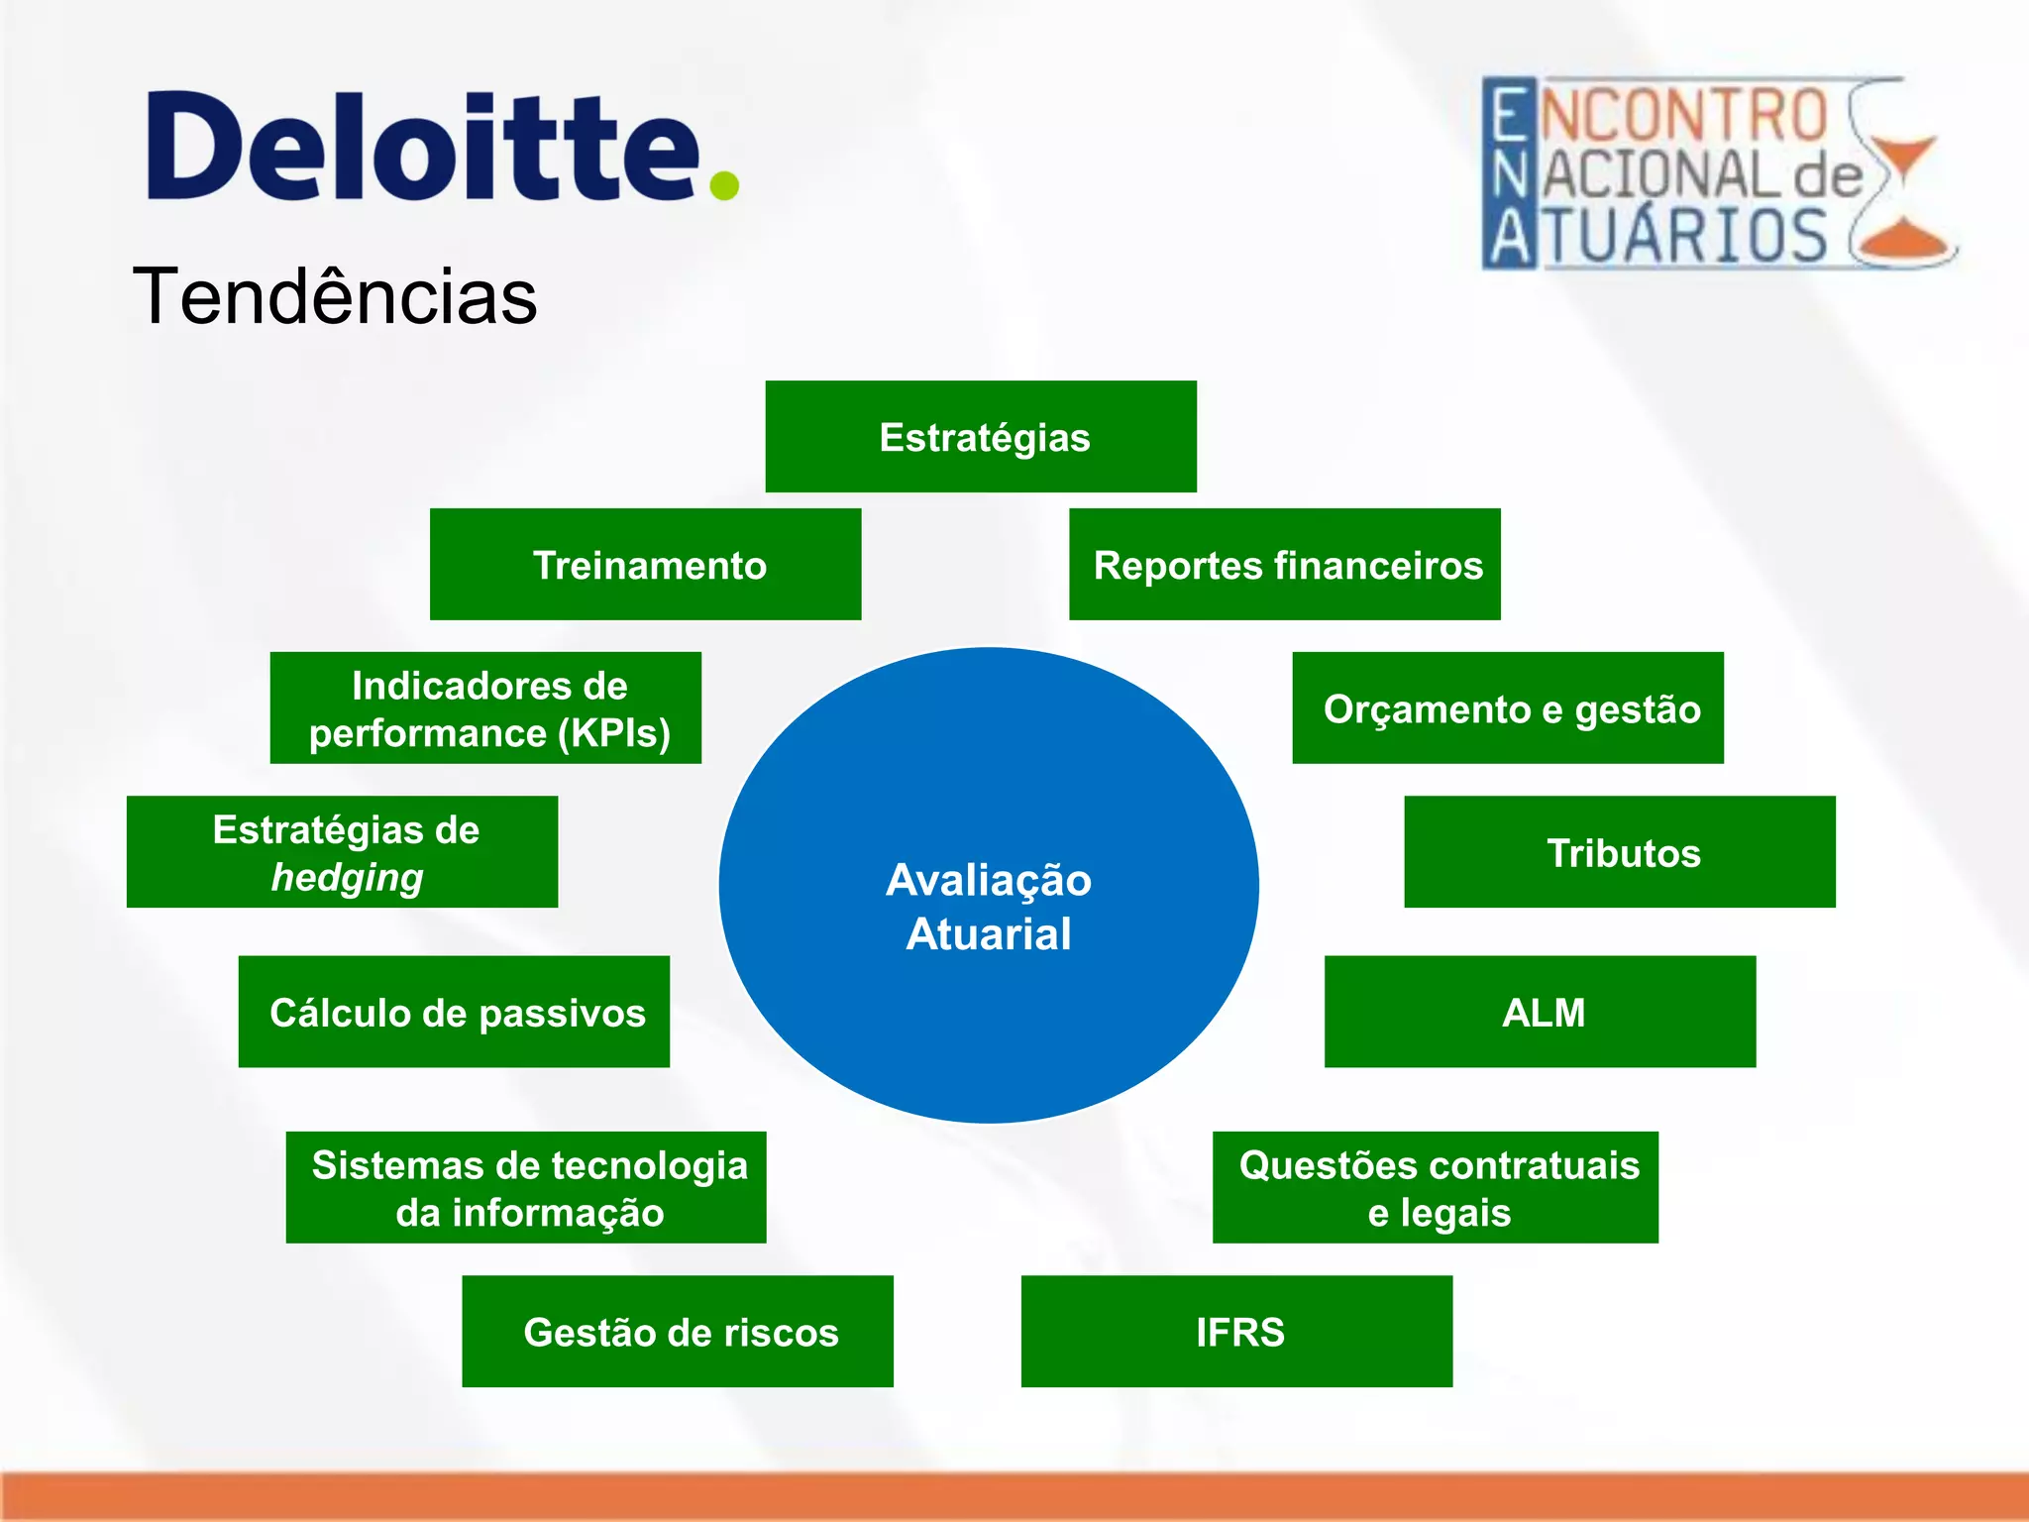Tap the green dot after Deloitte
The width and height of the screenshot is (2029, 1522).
coord(724,185)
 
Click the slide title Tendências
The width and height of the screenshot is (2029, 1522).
coord(335,296)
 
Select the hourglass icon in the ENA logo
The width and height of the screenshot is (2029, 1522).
coord(1903,174)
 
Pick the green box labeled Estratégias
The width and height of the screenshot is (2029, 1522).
coord(981,437)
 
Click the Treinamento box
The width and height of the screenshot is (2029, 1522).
coord(646,565)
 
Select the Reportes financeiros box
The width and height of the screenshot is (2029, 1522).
coord(1285,565)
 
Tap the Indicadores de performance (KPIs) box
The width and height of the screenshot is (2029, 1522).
coord(485,707)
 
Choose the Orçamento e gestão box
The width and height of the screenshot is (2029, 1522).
coord(1508,707)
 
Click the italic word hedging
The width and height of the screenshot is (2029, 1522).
coord(347,878)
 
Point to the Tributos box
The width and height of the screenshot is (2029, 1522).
coord(1620,852)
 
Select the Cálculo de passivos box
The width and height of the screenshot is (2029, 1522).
coord(454,1012)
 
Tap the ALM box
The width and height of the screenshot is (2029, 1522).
coord(1541,1012)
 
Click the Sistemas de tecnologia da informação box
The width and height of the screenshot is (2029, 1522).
coord(526,1187)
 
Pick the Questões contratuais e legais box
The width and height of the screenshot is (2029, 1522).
coord(1436,1187)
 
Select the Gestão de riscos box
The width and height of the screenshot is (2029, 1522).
coord(678,1331)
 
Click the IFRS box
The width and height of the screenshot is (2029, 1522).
coord(1237,1331)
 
